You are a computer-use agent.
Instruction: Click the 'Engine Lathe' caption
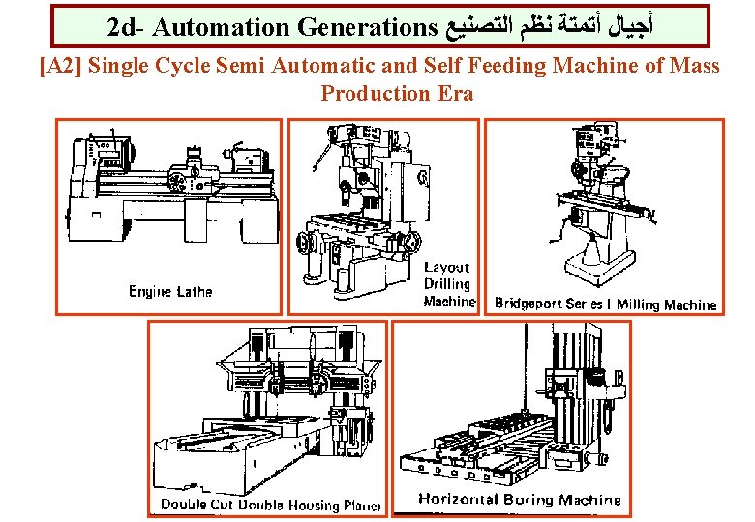170,291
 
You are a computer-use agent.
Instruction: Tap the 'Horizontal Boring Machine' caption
519,500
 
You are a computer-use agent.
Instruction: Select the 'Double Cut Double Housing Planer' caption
270,505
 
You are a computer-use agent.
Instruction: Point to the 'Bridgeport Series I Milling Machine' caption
605,304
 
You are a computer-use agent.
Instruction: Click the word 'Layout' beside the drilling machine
446,267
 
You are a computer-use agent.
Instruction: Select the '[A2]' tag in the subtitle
59,67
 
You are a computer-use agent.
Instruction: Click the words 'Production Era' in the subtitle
397,94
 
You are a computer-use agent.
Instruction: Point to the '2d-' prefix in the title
125,26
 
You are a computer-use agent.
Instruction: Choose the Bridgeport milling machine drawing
600,208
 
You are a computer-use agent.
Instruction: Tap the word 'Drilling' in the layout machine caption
446,284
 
